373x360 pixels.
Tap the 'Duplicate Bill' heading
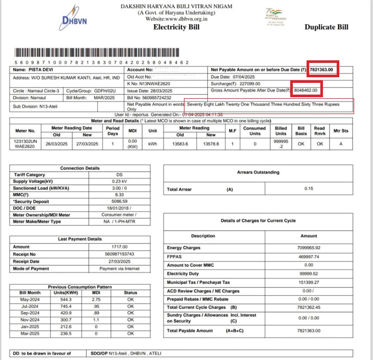pos(327,27)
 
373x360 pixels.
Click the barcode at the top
pos(103,53)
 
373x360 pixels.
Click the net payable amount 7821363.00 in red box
pos(324,70)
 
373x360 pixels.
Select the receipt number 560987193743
pos(121,254)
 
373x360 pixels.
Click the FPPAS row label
pos(175,257)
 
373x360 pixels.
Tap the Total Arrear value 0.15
pos(308,189)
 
